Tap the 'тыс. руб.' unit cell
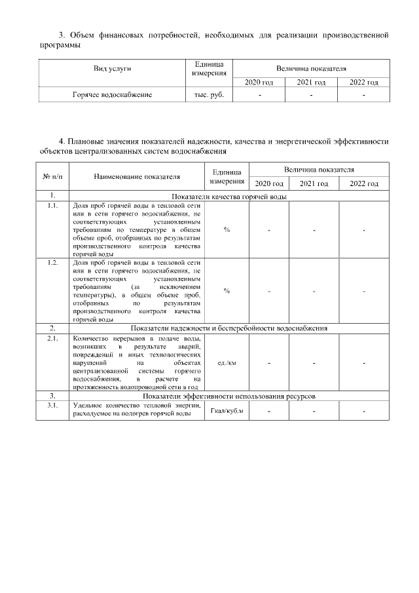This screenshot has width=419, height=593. point(209,95)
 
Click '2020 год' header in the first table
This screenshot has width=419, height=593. point(259,83)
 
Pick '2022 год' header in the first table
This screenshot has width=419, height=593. point(363,83)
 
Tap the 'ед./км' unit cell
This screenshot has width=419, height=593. point(227,362)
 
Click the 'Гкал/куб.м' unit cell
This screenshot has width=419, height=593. point(227,411)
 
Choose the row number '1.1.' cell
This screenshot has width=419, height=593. point(52,206)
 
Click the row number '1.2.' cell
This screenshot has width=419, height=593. point(52,262)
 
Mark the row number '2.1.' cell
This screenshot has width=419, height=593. point(52,338)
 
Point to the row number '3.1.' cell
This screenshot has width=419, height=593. point(52,406)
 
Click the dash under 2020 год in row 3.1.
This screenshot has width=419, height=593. point(269,411)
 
